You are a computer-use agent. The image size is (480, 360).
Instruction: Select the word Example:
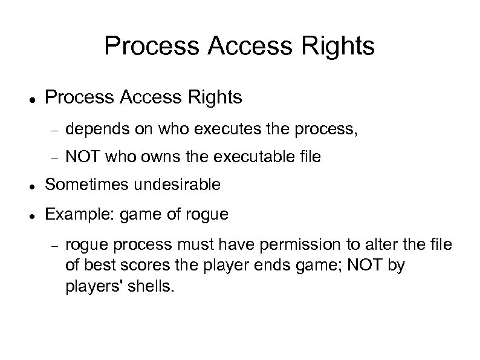[x=74, y=214]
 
